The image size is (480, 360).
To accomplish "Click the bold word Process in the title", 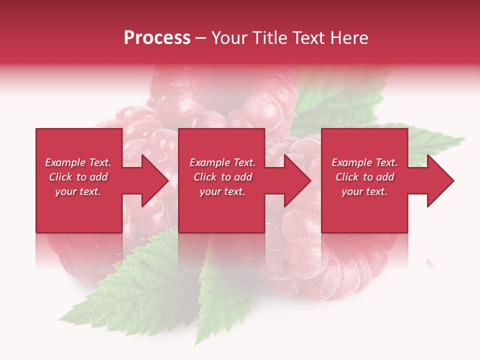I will point(157,38).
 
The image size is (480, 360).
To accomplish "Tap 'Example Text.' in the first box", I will point(78,162).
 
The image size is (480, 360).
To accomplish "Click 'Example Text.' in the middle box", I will point(222,162).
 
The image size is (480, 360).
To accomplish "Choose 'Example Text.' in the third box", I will point(364,162).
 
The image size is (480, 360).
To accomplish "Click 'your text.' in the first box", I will point(78,191).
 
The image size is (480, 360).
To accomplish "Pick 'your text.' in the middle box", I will point(222,191).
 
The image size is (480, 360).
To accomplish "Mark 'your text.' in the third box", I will point(364,191).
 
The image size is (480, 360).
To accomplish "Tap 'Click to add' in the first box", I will point(78,177).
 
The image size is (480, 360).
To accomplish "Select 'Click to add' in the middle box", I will point(222,177).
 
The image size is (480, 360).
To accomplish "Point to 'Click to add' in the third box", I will point(364,177).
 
